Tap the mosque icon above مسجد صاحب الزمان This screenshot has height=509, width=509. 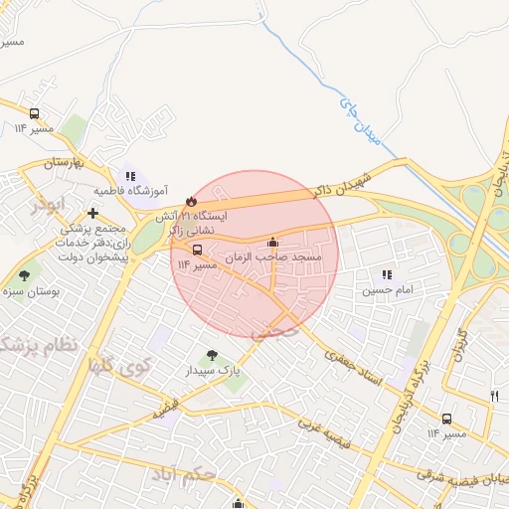point(273,242)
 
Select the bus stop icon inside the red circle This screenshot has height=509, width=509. point(197,250)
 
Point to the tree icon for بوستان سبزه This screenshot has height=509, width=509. point(24,275)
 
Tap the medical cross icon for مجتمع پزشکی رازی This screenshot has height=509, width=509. point(92,213)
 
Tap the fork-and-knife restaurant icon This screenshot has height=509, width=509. point(494,396)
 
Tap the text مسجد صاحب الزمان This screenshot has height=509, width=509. point(261,257)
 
